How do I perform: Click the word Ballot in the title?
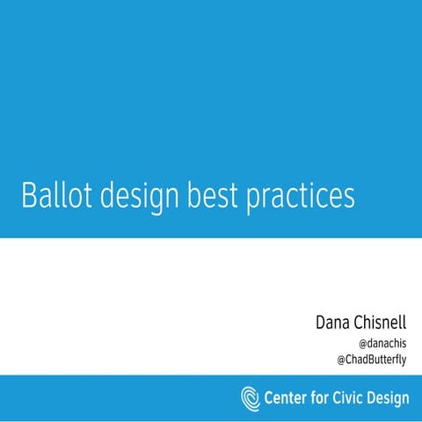pyautogui.click(x=52, y=195)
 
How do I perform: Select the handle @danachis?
pyautogui.click(x=383, y=343)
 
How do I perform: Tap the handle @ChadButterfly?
pyautogui.click(x=372, y=360)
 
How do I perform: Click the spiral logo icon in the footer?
pyautogui.click(x=251, y=397)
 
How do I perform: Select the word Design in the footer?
pyautogui.click(x=392, y=398)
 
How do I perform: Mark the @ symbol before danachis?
pyautogui.click(x=363, y=343)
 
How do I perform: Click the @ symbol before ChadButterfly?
pyautogui.click(x=342, y=360)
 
